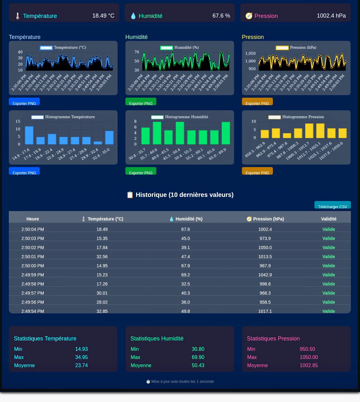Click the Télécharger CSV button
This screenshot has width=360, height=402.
332,205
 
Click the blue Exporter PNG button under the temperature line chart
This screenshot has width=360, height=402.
24,102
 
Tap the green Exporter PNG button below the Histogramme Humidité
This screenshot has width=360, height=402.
141,171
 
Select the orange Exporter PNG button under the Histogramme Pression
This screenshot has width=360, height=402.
257,171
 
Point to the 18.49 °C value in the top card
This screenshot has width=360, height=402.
103,16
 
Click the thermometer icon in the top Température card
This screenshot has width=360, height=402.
18,16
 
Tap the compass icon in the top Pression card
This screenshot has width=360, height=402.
249,16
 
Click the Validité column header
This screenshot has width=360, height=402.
329,219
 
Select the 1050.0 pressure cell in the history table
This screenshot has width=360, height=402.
265,247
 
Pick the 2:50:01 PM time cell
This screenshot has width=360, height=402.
33,257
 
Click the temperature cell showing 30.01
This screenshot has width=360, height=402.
102,293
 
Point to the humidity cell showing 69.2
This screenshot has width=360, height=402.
186,275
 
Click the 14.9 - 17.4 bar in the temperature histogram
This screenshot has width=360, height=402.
29,135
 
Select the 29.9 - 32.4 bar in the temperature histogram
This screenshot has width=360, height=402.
98,143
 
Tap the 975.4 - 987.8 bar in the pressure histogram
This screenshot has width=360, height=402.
287,136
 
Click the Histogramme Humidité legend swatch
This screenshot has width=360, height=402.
157,117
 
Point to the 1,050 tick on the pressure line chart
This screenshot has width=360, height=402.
250,53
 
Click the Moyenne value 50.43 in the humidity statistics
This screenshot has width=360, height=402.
198,365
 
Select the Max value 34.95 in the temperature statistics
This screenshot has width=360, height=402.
81,357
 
